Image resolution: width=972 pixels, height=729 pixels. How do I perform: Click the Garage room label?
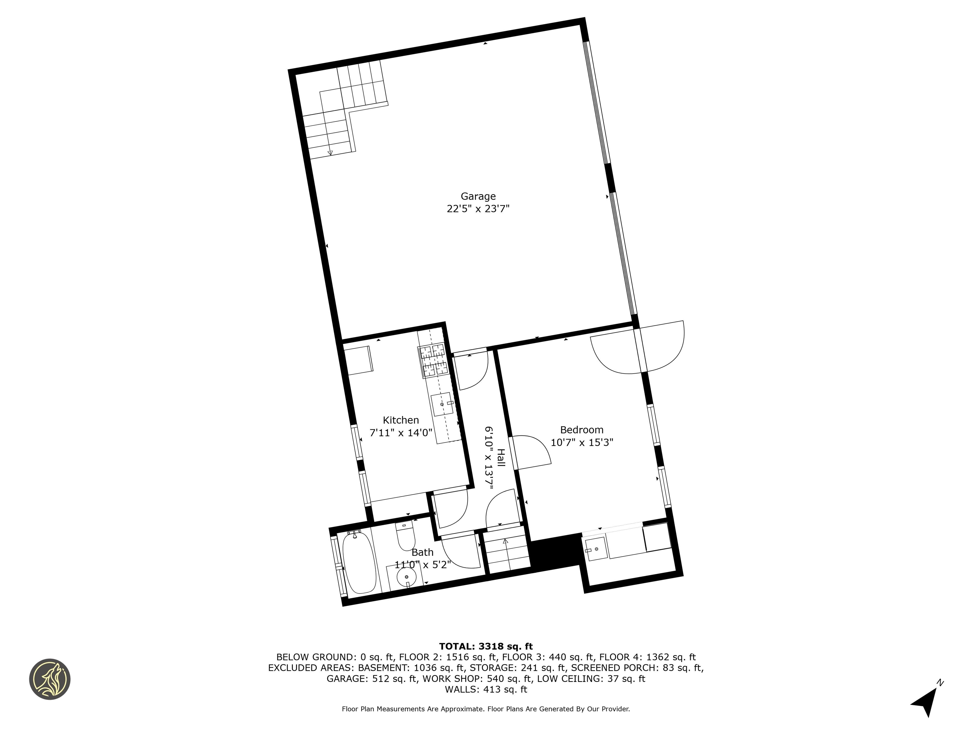[478, 196]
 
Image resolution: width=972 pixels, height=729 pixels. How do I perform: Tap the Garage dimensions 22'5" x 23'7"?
[478, 209]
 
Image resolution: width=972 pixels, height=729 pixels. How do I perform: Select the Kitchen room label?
[401, 420]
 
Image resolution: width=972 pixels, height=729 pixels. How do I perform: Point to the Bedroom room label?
[582, 430]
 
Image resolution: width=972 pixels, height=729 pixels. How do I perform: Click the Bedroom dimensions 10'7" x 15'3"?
[582, 442]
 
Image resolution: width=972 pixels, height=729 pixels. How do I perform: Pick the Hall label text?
[501, 458]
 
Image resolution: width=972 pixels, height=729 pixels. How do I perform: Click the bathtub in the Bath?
[360, 563]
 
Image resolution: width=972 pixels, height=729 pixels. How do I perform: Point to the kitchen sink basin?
[442, 404]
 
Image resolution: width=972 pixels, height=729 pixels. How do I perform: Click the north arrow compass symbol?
[926, 699]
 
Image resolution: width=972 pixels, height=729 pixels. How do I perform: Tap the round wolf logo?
[50, 679]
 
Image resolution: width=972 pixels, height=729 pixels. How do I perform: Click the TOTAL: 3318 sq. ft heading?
[486, 646]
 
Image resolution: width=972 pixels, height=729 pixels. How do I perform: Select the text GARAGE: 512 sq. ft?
[372, 678]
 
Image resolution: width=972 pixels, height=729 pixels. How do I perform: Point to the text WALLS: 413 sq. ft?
[486, 689]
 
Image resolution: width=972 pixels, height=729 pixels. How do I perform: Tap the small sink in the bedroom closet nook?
[596, 549]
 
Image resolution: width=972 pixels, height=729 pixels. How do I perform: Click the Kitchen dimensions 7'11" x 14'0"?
[401, 433]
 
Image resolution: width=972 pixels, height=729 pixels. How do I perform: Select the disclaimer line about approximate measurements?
[486, 709]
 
